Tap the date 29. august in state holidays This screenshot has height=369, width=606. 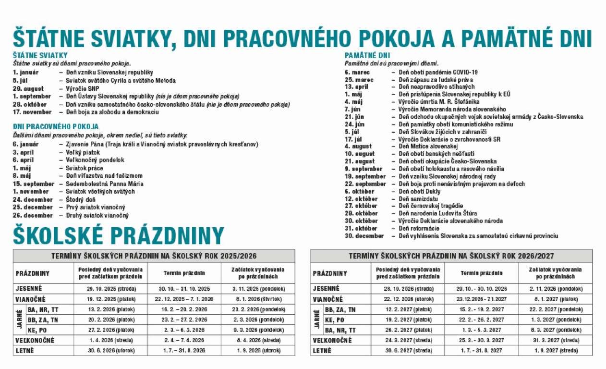[x=28, y=88]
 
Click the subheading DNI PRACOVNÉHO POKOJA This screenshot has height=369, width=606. [x=55, y=127]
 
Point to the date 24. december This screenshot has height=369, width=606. [x=33, y=199]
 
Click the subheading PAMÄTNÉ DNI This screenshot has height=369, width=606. [x=367, y=55]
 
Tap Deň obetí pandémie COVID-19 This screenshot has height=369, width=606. [x=438, y=72]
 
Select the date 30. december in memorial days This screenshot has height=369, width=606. [x=364, y=236]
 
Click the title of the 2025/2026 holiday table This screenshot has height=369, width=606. [x=154, y=256]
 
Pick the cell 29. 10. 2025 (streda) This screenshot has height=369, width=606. [x=111, y=289]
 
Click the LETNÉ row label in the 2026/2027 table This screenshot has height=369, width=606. [x=322, y=351]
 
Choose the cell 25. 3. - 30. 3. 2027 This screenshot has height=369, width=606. [x=481, y=340]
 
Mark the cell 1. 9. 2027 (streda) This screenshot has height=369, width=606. [x=556, y=351]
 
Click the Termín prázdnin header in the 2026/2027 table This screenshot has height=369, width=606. [x=481, y=273]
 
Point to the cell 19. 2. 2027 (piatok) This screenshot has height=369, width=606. [x=409, y=320]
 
